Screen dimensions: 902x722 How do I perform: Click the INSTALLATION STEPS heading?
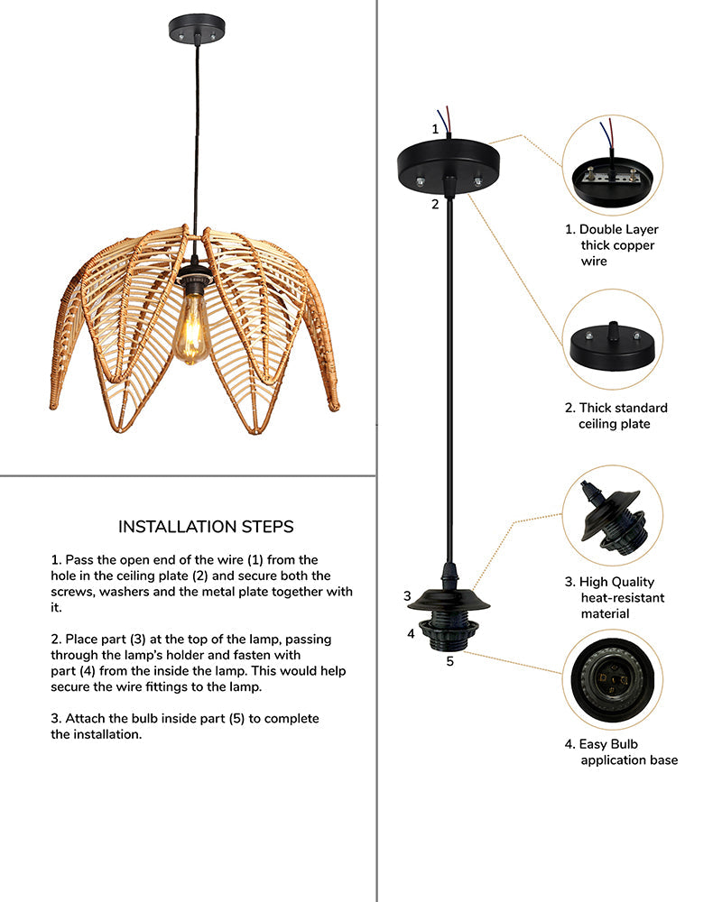click(206, 527)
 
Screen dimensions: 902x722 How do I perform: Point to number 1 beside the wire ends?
click(435, 129)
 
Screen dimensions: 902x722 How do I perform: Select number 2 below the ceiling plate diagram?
click(435, 204)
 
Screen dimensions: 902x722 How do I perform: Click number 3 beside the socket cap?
click(408, 596)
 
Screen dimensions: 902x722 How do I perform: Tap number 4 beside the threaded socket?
click(411, 633)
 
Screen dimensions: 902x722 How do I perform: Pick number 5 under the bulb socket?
click(449, 661)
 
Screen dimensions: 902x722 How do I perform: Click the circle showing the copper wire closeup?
click(612, 165)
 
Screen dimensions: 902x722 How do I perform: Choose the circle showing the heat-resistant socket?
click(612, 514)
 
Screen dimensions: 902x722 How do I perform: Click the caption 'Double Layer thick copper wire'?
click(618, 245)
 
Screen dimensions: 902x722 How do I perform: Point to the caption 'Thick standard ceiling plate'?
click(623, 416)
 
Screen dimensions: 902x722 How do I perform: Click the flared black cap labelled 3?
click(449, 600)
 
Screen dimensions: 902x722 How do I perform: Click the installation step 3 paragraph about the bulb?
click(185, 726)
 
